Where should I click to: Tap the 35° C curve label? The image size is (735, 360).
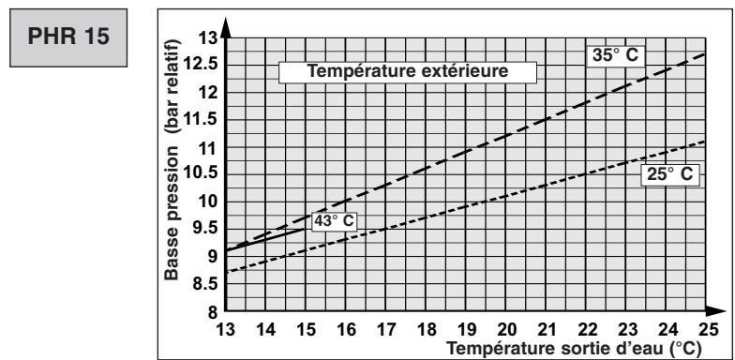(x=614, y=55)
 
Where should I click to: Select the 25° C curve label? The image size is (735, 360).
(x=671, y=175)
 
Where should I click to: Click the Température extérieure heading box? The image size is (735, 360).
(x=409, y=70)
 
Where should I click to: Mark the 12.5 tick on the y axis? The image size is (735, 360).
(x=204, y=65)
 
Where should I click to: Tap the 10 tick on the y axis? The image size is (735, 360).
(x=208, y=202)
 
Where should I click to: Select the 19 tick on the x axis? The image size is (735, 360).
(x=467, y=330)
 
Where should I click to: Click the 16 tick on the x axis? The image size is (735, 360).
(x=347, y=330)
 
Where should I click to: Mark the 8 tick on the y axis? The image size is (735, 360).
(x=213, y=310)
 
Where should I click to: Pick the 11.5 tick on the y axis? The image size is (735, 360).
(x=204, y=120)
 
